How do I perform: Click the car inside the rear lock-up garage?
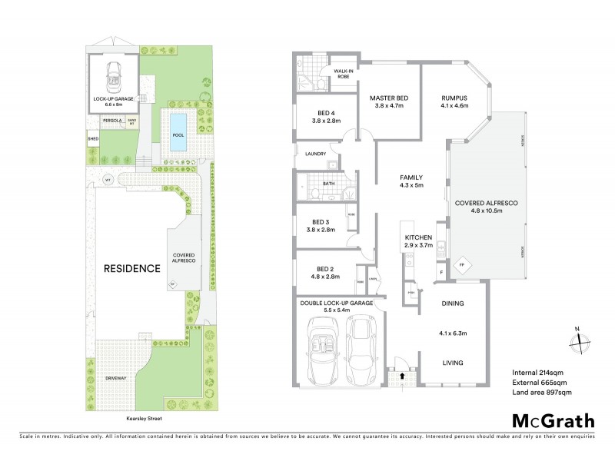click(115, 75)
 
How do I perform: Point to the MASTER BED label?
click(388, 98)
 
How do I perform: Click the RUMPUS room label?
click(455, 98)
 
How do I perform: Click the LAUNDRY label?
click(316, 154)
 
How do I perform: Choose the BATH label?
click(329, 184)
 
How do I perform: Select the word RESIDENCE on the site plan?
click(132, 268)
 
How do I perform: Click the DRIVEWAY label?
click(115, 378)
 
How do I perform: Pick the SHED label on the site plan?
click(93, 139)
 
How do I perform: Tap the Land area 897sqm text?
click(542, 392)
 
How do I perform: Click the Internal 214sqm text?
click(537, 373)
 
